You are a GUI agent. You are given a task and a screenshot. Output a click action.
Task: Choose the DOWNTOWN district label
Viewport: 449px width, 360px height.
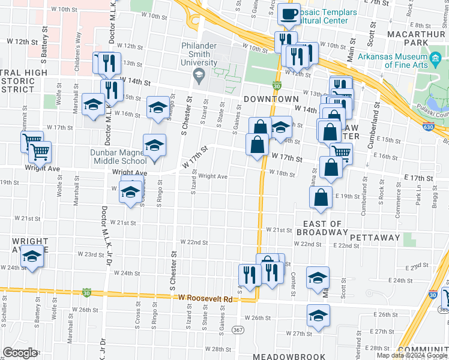pyautogui.click(x=271, y=99)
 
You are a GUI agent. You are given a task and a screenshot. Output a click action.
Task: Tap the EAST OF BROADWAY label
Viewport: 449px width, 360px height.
pyautogui.click(x=318, y=228)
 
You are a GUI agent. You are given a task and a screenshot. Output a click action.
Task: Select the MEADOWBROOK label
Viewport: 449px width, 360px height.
pyautogui.click(x=285, y=356)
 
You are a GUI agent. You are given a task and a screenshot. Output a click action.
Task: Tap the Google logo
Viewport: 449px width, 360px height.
pyautogui.click(x=20, y=353)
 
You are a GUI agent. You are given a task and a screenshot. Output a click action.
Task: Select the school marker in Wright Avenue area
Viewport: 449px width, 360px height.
pyautogui.click(x=31, y=257)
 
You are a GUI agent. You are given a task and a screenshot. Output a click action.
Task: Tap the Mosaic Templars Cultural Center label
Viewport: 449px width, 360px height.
pyautogui.click(x=324, y=16)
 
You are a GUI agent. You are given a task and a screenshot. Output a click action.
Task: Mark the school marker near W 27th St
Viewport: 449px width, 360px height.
pyautogui.click(x=318, y=316)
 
